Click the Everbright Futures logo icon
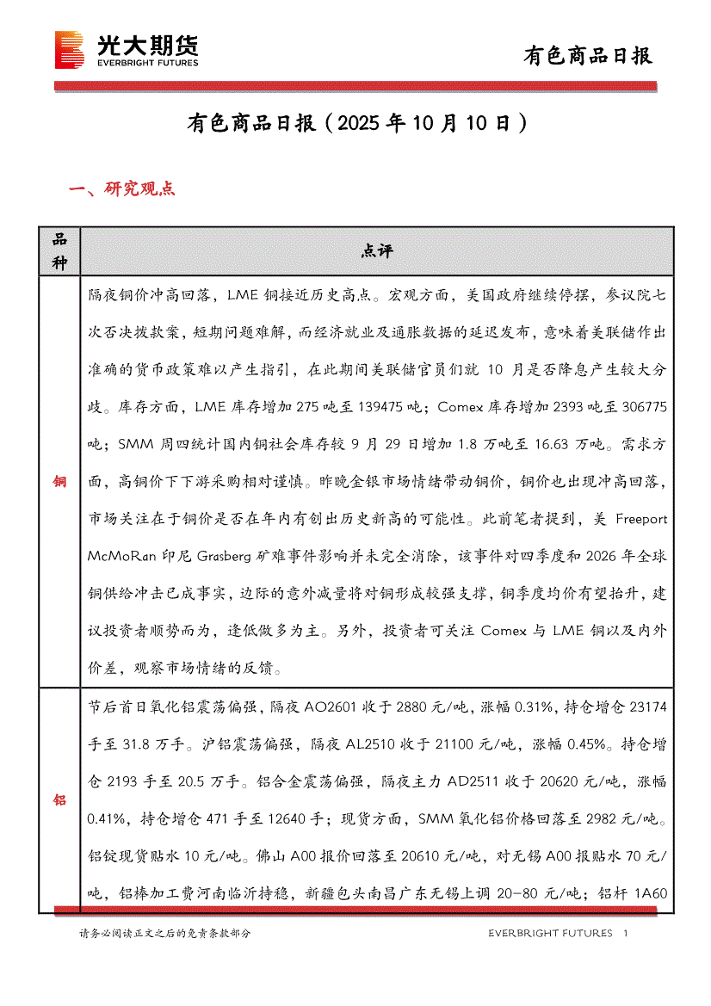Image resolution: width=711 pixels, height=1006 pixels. (69, 49)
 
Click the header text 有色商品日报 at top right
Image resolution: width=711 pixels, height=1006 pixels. (588, 56)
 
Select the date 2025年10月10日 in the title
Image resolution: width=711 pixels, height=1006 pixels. (419, 123)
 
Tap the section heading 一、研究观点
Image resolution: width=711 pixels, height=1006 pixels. (121, 189)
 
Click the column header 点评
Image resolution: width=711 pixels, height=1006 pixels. (377, 251)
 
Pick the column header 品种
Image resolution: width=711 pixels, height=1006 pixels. (59, 251)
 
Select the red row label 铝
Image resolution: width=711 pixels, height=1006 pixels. (59, 800)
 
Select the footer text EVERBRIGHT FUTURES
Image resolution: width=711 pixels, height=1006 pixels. (550, 934)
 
